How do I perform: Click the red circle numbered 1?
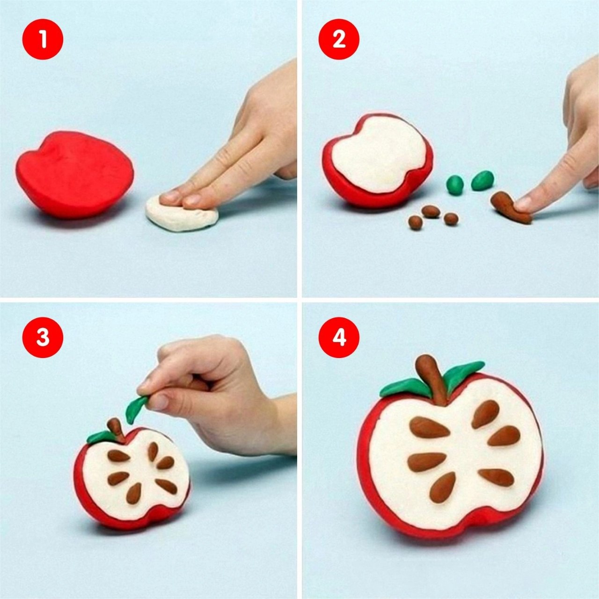pos(43,39)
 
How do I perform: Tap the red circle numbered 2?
pos(339,39)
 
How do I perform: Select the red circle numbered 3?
pos(43,337)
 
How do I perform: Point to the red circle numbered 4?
pos(339,337)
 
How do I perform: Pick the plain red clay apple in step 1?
pos(74,175)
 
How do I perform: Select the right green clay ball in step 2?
pos(482,180)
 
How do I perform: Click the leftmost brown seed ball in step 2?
pos(415,223)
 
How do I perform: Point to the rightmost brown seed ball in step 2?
pos(451,219)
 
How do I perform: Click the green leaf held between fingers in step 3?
pos(136,408)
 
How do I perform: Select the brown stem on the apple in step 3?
pos(116,430)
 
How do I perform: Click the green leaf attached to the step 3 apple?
pos(98,437)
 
